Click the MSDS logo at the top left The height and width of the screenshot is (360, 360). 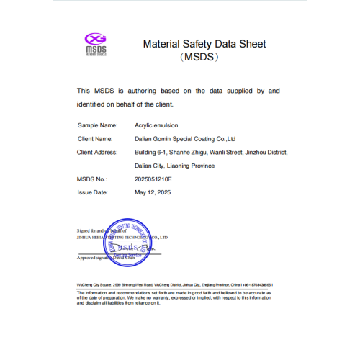pyautogui.click(x=96, y=43)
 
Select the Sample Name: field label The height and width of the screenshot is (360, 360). pyautogui.click(x=96, y=125)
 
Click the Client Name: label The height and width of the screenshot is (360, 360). pyautogui.click(x=95, y=138)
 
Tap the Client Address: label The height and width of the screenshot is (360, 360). pyautogui.click(x=98, y=152)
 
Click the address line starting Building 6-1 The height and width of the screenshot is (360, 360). pyautogui.click(x=211, y=152)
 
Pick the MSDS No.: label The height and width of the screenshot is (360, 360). pyautogui.click(x=92, y=179)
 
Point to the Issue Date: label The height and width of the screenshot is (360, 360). pyautogui.click(x=92, y=192)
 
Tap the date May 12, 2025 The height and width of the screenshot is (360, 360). pyautogui.click(x=153, y=192)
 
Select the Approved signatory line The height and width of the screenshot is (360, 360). pyautogui.click(x=107, y=257)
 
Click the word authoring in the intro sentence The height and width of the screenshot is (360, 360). pyautogui.click(x=145, y=91)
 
